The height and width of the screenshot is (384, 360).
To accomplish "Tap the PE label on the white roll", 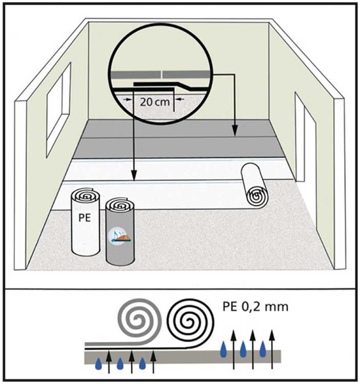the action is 84,218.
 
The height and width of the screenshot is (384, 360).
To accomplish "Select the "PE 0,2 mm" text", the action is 255,307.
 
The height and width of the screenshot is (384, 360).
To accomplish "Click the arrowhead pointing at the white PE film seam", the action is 134,176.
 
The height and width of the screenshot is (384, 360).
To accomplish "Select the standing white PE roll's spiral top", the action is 86,195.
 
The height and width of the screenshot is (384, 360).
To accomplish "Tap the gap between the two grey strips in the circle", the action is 162,74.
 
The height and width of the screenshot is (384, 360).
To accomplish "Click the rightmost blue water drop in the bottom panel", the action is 262,349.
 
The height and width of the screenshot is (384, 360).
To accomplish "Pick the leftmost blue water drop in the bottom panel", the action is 98,364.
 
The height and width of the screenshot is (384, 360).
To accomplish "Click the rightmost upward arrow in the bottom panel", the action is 272,349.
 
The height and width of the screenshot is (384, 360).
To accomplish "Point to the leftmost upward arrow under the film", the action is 109,362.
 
